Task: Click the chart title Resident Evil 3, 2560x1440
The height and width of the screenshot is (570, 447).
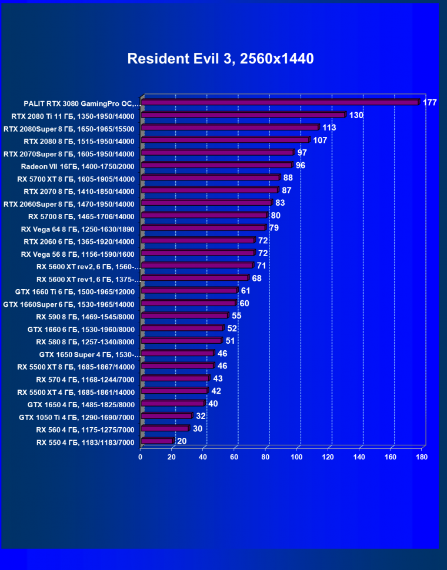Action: click(221, 59)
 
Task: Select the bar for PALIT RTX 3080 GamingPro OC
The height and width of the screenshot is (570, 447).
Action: click(279, 103)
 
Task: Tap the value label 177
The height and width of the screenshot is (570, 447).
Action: click(429, 103)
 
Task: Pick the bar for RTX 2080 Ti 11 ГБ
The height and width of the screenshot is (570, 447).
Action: click(243, 115)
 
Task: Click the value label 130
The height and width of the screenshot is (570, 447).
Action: click(356, 115)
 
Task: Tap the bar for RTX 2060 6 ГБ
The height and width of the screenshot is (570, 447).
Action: click(198, 241)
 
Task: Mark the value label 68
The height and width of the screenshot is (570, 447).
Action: click(257, 278)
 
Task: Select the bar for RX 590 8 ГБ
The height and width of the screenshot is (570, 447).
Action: click(184, 316)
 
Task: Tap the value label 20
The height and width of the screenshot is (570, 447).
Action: click(182, 441)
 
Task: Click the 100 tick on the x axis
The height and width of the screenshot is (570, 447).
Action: click(296, 457)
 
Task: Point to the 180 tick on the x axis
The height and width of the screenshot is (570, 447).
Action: click(422, 457)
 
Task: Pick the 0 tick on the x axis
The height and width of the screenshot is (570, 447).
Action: click(141, 457)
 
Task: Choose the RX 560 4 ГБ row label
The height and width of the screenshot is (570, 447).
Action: click(85, 430)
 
